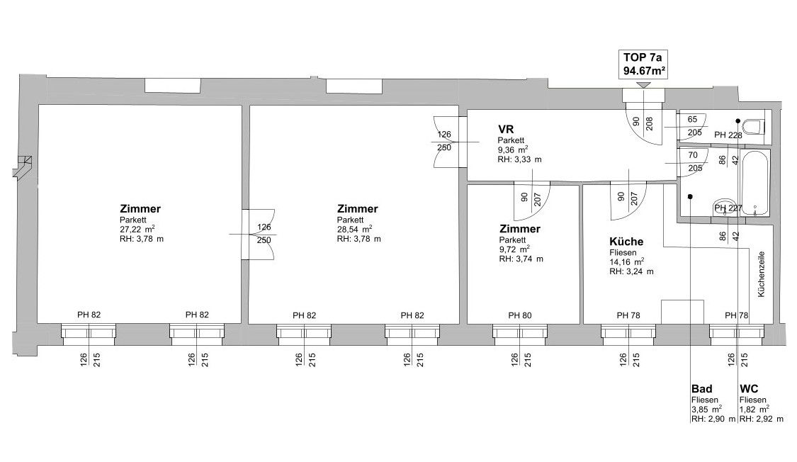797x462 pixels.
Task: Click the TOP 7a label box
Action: tap(643, 64)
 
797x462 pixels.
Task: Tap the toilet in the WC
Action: tap(756, 127)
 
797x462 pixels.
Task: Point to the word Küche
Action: tap(626, 242)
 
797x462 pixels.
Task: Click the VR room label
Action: tap(506, 129)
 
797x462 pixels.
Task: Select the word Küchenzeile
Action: tap(762, 273)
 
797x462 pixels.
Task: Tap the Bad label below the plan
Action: tap(701, 389)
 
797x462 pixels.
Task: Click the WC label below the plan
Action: tap(749, 389)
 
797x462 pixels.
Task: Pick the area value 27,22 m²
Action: tap(137, 230)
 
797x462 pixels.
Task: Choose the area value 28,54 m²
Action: tap(354, 230)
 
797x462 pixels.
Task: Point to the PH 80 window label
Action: tap(520, 315)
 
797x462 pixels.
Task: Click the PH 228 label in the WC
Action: tap(728, 135)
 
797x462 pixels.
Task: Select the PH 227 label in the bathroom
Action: tap(728, 208)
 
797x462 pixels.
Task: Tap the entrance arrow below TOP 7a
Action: tap(643, 86)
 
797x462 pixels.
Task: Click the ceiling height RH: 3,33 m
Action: tap(520, 159)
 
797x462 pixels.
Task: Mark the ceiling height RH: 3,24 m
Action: tap(631, 271)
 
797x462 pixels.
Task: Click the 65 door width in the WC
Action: tap(692, 119)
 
